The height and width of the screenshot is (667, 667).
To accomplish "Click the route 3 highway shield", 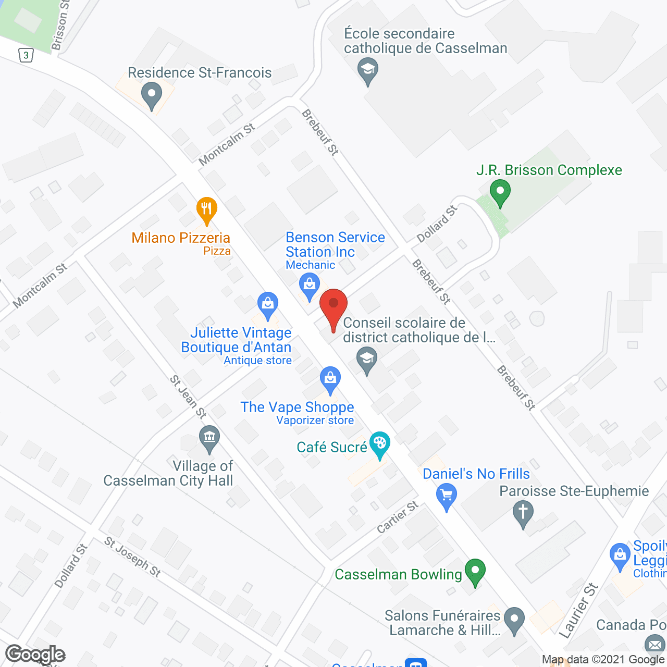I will pyautogui.click(x=26, y=55).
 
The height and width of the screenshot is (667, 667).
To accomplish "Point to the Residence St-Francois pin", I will pyautogui.click(x=152, y=96).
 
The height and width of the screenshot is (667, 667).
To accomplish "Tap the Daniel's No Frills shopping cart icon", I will pyautogui.click(x=446, y=496).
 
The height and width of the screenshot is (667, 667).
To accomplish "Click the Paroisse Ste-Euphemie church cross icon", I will pyautogui.click(x=523, y=513).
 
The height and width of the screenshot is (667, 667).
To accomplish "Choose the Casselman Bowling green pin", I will pyautogui.click(x=475, y=571).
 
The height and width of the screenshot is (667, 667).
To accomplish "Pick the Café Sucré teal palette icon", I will pyautogui.click(x=379, y=445).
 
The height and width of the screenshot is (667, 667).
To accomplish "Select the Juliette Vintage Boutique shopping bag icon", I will pyautogui.click(x=268, y=305).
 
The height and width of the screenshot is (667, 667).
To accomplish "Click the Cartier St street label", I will pyautogui.click(x=398, y=517).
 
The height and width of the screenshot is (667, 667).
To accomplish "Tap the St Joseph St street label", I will pyautogui.click(x=132, y=557).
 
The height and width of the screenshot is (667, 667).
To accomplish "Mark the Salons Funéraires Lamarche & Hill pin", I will pyautogui.click(x=515, y=621).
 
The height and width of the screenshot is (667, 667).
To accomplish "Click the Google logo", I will pyautogui.click(x=35, y=654).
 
